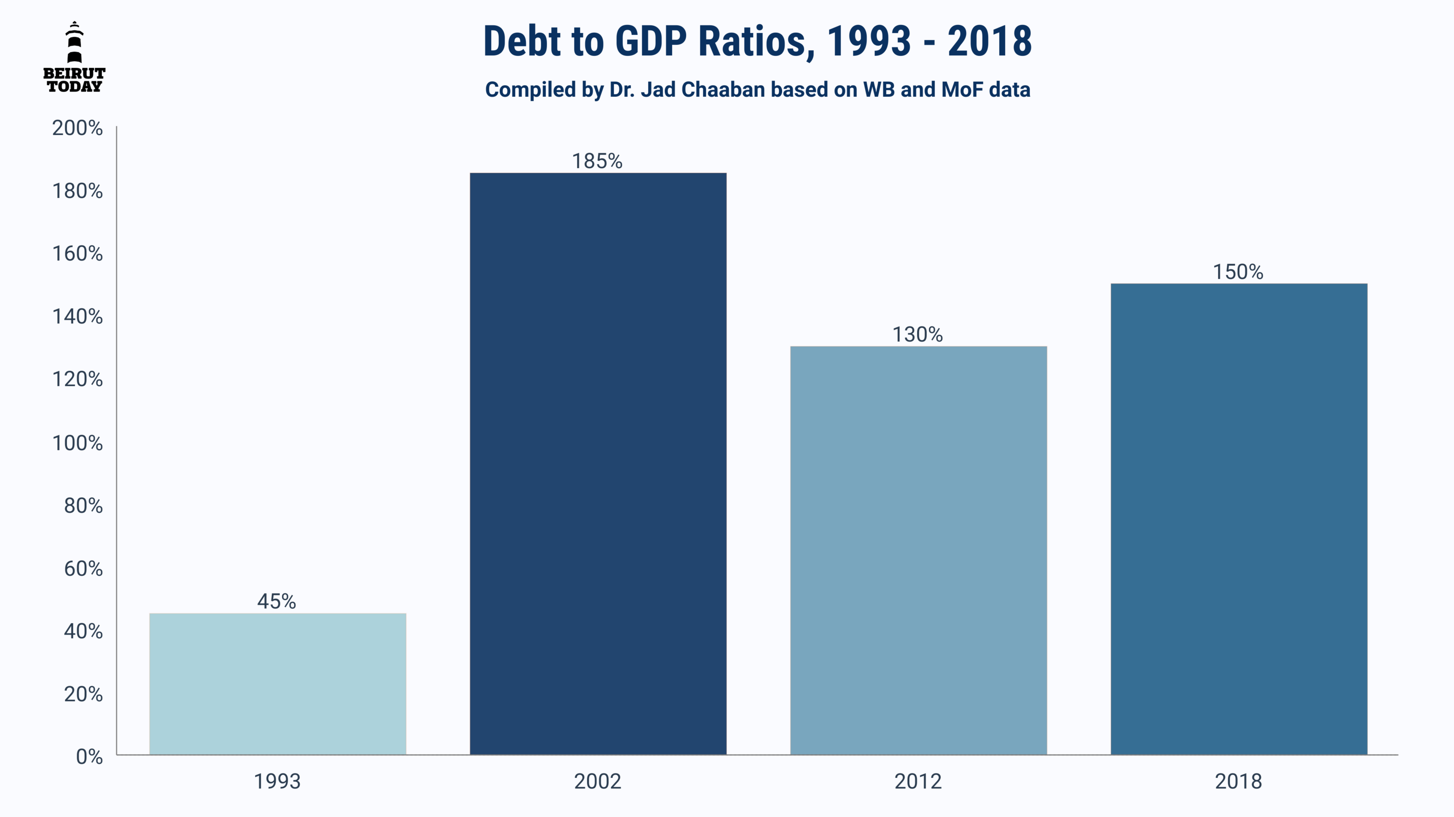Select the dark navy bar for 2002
(x=598, y=464)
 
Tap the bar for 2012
(x=918, y=551)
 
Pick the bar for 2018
(x=1239, y=519)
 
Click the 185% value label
(x=597, y=161)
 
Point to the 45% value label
(x=277, y=602)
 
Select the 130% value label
(x=917, y=335)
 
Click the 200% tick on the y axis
(x=77, y=128)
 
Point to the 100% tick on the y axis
(x=77, y=443)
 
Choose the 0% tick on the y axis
(x=89, y=757)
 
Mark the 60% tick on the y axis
(x=83, y=568)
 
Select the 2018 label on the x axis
(x=1238, y=781)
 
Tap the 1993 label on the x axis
(x=277, y=781)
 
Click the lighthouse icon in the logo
(x=74, y=42)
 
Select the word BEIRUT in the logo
(x=74, y=73)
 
